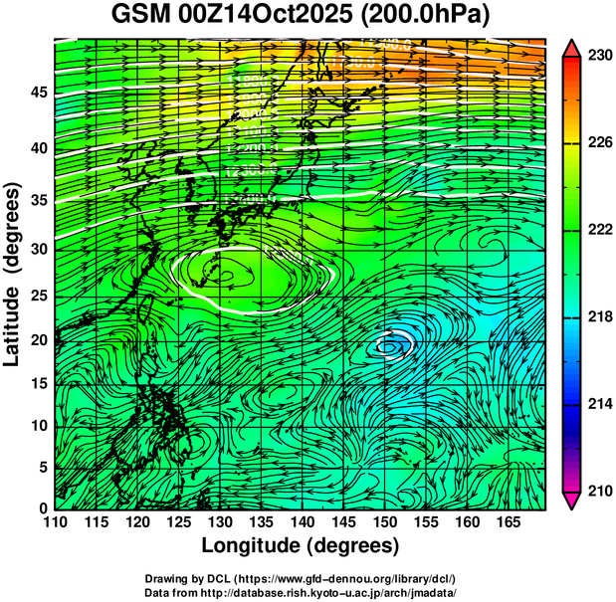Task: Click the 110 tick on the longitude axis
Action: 55,522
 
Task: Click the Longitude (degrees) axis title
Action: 301,545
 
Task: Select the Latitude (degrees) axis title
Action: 13,274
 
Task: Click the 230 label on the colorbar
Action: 598,57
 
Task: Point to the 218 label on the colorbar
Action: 598,317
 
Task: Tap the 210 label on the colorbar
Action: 598,491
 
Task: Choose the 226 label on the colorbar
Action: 598,144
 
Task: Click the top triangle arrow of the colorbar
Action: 571,48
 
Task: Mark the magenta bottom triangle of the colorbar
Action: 571,501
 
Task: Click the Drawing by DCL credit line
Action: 301,578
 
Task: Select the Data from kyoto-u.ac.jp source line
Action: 301,592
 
